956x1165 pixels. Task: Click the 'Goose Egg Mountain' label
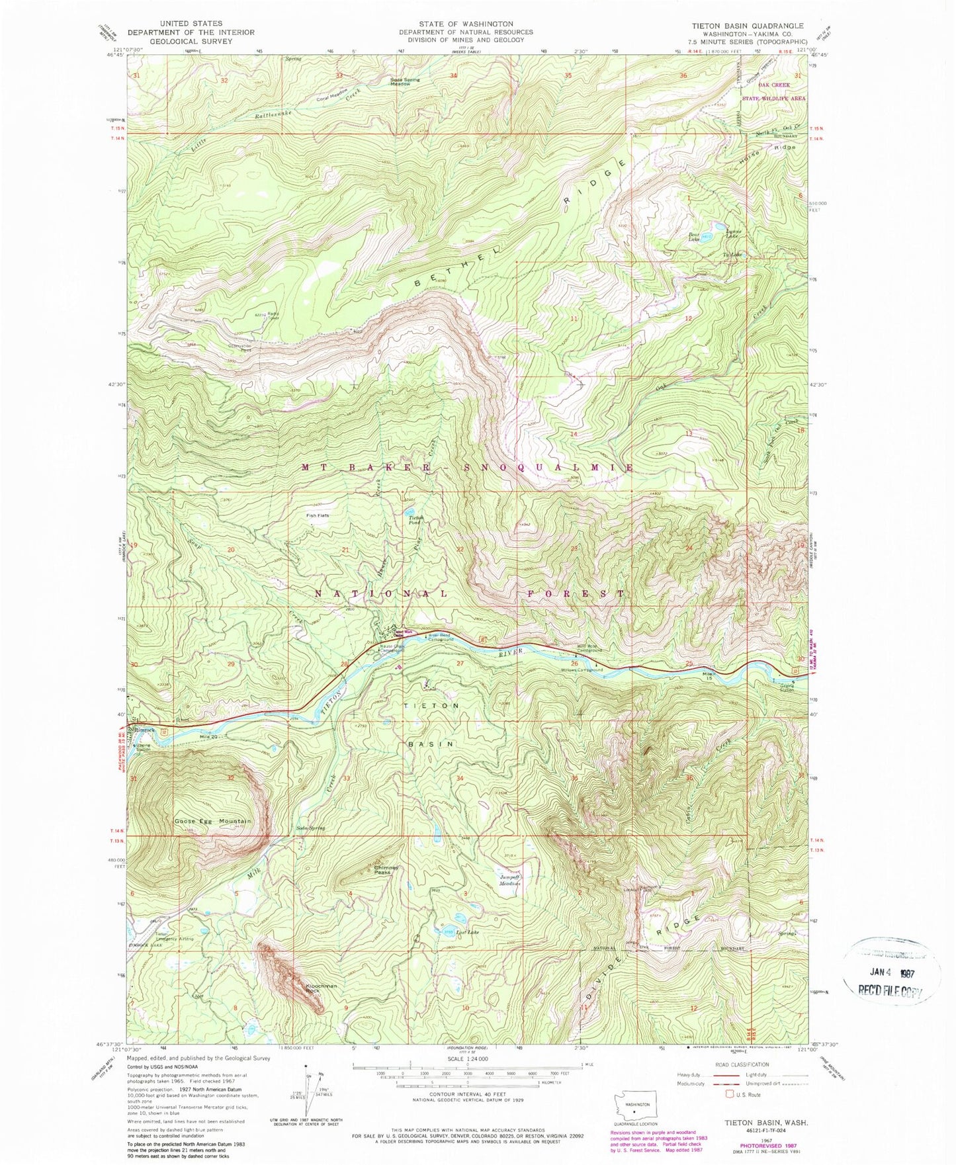click(x=212, y=821)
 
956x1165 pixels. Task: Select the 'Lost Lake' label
click(x=466, y=932)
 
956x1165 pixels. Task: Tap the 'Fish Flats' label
click(x=317, y=515)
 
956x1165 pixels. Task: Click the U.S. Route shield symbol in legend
click(x=730, y=1094)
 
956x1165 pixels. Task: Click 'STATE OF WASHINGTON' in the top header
click(x=465, y=24)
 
